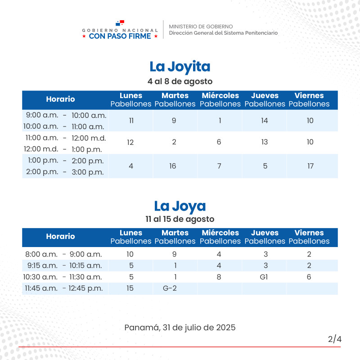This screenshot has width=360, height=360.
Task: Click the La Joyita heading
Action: (180, 67)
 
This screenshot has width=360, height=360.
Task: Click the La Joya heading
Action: (180, 206)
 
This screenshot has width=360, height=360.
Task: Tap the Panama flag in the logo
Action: (120, 22)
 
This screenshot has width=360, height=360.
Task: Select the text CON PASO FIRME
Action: (120, 36)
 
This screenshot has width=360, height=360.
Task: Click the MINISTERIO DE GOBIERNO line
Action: (201, 27)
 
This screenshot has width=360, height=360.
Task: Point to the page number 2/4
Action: (335, 339)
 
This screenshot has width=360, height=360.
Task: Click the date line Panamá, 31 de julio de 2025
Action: (180, 328)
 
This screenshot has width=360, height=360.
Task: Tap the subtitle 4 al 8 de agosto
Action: (180, 81)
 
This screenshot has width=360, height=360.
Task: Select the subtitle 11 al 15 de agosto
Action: (180, 219)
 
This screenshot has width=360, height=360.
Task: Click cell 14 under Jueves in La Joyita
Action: (265, 121)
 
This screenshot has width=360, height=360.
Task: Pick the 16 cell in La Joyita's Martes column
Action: (173, 166)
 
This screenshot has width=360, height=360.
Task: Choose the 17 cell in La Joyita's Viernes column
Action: (310, 166)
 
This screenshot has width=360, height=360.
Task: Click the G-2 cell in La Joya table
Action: (170, 288)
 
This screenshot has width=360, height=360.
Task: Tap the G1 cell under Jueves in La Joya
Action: (264, 277)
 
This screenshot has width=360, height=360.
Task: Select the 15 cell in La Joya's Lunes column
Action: (130, 288)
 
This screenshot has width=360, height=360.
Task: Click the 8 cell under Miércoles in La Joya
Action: (219, 277)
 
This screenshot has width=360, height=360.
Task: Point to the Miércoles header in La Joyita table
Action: (220, 95)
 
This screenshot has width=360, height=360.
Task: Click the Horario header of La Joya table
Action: (60, 236)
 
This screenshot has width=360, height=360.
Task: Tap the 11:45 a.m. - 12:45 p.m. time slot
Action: (63, 288)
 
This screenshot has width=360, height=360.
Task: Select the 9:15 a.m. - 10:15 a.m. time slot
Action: (64, 265)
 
